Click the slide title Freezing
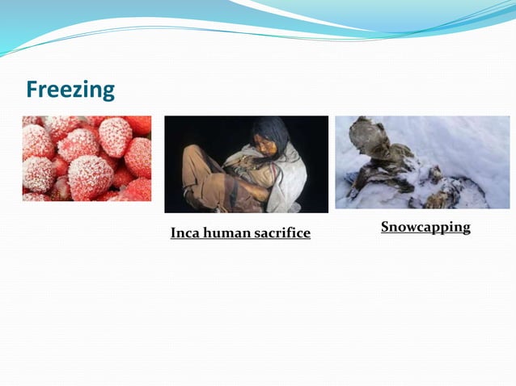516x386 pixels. click(70, 89)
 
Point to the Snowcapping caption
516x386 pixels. click(425, 227)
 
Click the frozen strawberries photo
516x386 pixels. click(87, 158)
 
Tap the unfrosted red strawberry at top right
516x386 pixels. click(138, 124)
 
